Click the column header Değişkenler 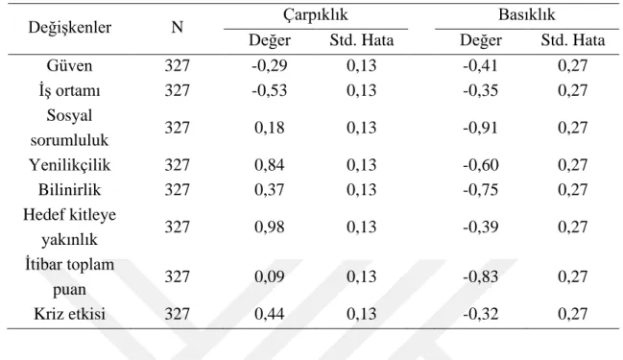69,28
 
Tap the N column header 178,27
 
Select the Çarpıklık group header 316,15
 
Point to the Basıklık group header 526,14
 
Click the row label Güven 69,65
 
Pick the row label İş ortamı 69,90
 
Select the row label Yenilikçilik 69,165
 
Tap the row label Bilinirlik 69,190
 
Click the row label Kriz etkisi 69,314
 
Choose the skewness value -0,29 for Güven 270,65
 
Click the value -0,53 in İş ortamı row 270,90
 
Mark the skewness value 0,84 270,165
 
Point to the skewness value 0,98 270,227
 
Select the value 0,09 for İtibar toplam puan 270,276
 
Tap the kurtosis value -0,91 480,128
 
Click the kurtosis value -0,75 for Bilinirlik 480,190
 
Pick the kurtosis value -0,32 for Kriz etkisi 480,314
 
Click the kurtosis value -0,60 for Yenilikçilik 480,165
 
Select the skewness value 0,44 270,314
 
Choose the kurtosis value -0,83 480,276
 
